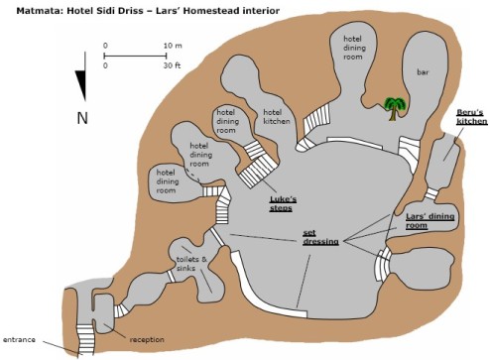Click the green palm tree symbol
[x=395, y=108]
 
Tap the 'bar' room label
[x=423, y=71]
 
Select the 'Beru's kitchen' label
[x=472, y=117]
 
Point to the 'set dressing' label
[x=320, y=237]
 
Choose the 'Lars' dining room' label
[x=429, y=221]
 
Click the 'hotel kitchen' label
[x=277, y=117]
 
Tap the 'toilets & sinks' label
[x=191, y=264]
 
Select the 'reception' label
[x=147, y=340]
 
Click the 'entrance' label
[x=19, y=339]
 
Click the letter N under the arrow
[x=82, y=118]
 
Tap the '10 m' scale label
[x=173, y=46]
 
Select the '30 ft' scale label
[x=172, y=65]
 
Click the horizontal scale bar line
[x=135, y=56]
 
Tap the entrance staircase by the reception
[x=84, y=339]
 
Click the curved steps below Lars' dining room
[x=383, y=264]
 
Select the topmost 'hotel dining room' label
[x=354, y=48]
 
